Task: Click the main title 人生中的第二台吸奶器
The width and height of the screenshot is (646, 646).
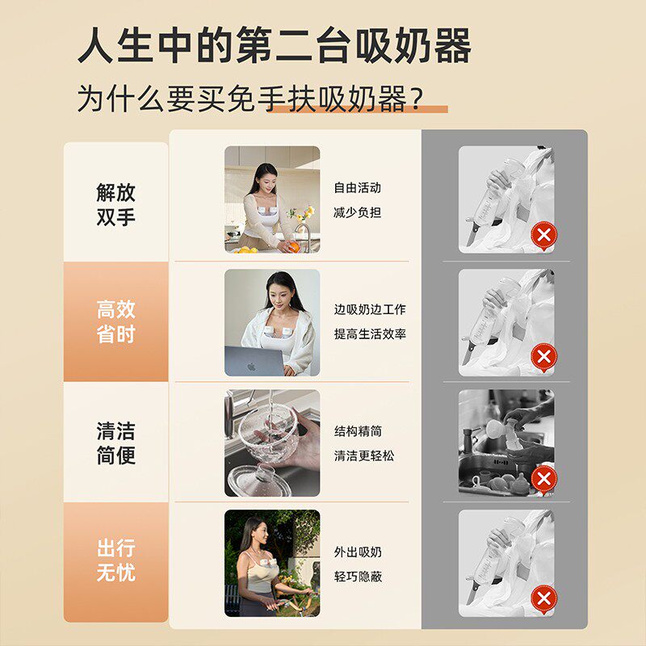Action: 275,45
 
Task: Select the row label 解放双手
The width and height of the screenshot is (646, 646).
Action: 115,204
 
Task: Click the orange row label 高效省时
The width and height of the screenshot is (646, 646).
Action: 115,321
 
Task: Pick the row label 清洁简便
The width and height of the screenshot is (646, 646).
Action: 115,443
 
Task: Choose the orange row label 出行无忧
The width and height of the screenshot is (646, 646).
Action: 115,560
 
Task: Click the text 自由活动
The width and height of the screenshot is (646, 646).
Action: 357,188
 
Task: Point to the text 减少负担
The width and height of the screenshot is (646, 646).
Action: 357,212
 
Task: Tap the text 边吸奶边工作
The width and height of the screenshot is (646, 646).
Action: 370,309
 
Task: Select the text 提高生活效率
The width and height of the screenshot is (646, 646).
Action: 370,333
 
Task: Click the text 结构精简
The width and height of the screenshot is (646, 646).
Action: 358,431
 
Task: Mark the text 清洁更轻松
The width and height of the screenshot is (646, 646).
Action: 364,455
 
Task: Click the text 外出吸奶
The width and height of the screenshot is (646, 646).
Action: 358,552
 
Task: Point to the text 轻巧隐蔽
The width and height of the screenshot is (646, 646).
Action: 358,577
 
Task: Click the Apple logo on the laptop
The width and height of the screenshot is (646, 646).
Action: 251,367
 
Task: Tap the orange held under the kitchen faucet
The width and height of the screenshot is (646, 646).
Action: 293,247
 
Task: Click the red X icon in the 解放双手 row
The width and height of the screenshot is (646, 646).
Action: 543,236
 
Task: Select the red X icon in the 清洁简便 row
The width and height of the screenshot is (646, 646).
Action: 543,480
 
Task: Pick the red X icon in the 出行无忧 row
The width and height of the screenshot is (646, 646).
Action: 543,599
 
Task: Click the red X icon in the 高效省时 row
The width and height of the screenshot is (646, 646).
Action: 543,357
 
